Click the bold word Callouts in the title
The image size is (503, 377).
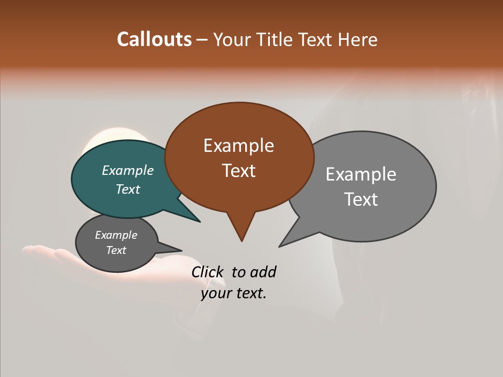(x=154, y=39)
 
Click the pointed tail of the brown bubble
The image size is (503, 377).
(x=241, y=230)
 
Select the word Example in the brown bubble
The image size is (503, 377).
(x=238, y=146)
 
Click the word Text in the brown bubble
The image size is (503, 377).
(x=238, y=171)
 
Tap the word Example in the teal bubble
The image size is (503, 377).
(x=128, y=170)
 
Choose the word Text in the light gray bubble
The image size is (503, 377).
(x=361, y=199)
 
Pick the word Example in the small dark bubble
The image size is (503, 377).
(x=116, y=235)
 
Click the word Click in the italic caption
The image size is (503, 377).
(x=208, y=272)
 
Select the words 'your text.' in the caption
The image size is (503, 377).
(x=233, y=293)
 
